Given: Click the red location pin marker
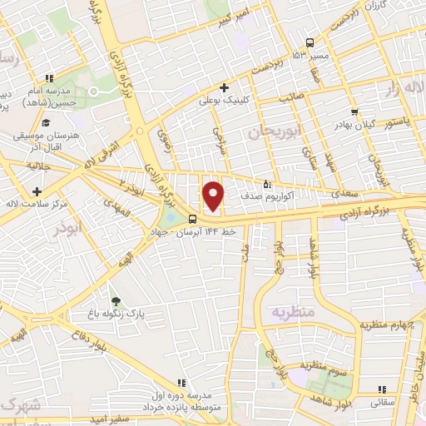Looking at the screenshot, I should [x=214, y=196].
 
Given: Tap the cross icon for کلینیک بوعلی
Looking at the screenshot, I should [x=223, y=87].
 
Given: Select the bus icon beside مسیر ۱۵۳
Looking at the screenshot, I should [x=310, y=42].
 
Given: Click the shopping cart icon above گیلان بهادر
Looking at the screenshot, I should [x=355, y=111].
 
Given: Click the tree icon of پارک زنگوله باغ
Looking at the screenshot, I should [x=116, y=301].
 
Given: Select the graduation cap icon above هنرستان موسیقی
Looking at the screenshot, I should [x=44, y=122].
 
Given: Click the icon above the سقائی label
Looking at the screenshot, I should [x=382, y=389].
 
